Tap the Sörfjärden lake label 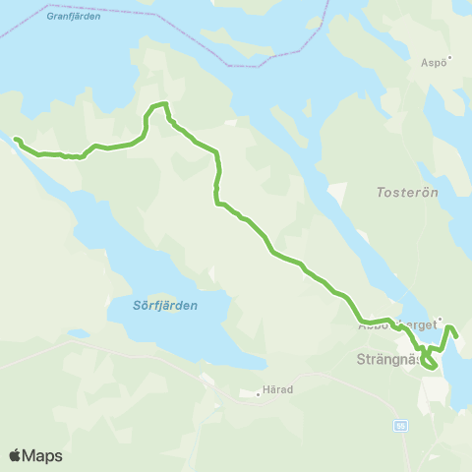165,306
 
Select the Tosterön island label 406,194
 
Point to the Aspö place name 434,62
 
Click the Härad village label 278,390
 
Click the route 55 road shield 400,425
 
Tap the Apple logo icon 15,455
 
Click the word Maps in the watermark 42,455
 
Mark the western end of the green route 15,139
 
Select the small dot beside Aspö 451,60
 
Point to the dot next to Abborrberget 441,318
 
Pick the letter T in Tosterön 382,194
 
